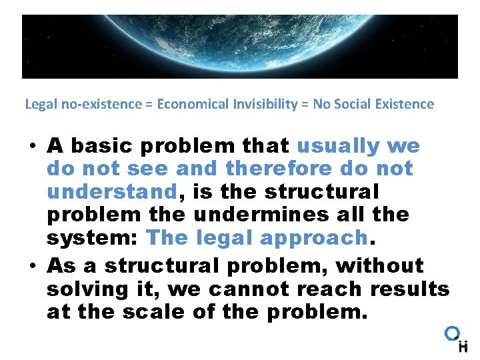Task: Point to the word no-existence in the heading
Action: (85, 104)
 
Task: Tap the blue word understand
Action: (111, 193)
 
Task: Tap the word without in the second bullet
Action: (379, 265)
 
